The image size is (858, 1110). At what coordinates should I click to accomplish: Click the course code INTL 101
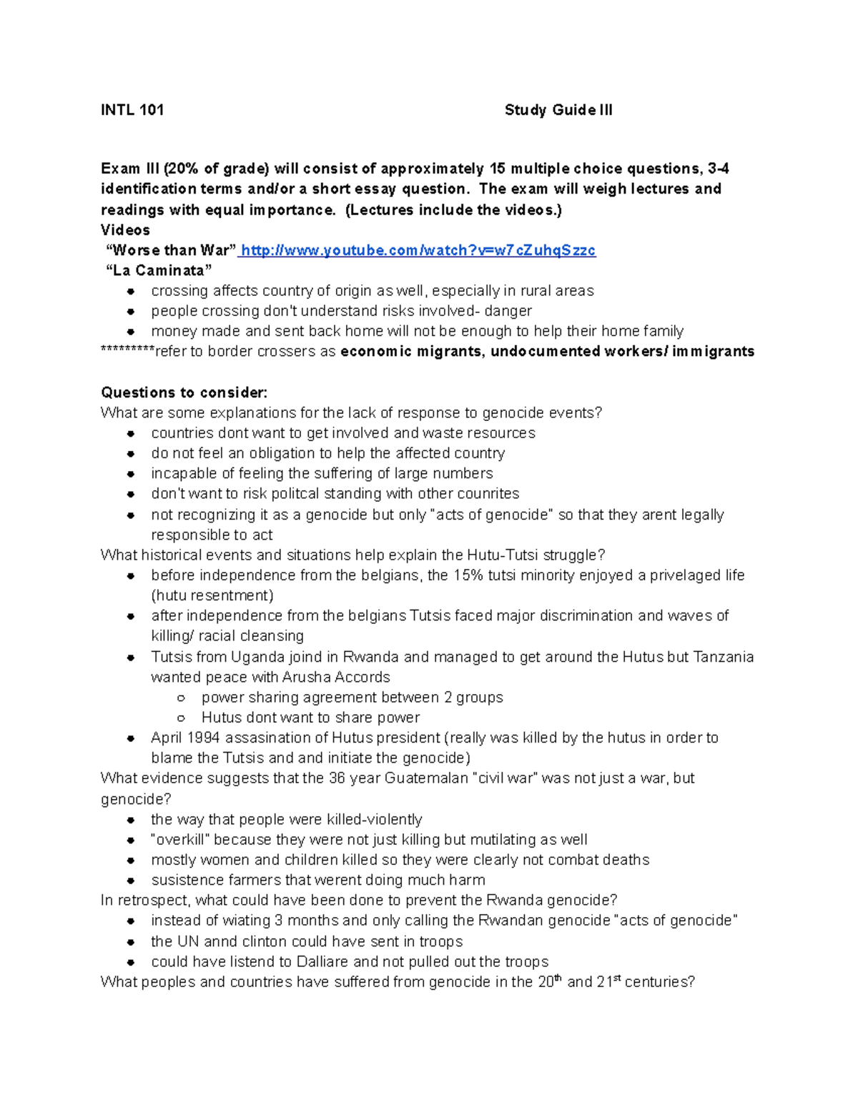[132, 110]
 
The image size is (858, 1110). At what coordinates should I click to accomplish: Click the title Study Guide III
[558, 110]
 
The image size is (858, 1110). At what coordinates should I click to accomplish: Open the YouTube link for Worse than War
[418, 251]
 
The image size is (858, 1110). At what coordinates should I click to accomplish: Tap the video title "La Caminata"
[159, 271]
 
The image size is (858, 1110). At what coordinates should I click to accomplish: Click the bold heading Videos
[125, 230]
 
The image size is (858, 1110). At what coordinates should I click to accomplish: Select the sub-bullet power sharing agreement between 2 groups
[352, 698]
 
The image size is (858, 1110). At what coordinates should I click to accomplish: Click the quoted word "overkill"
[180, 840]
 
